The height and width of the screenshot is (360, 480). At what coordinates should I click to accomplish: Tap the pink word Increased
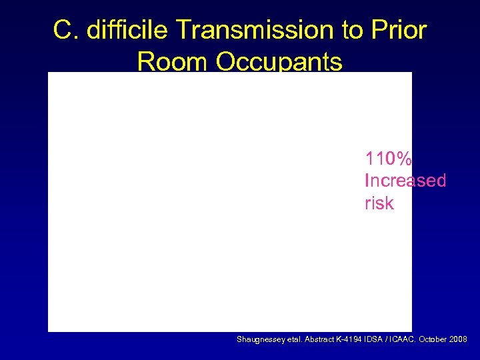[405, 181]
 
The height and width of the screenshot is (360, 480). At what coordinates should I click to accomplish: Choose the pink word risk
[379, 203]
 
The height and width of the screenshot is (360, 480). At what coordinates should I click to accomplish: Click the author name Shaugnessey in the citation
[260, 340]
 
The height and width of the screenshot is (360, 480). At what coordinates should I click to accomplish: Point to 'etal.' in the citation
[293, 340]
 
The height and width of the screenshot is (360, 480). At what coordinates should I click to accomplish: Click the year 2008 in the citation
[458, 340]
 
